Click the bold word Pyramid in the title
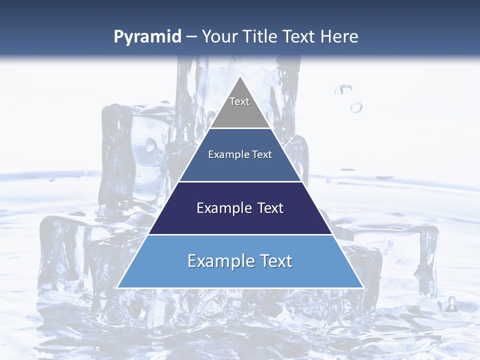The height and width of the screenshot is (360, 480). [147, 37]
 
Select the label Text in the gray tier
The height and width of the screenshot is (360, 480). [239, 101]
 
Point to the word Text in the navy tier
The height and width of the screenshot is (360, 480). [270, 208]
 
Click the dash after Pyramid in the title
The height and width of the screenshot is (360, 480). [191, 37]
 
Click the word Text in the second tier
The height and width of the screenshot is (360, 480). [262, 154]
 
